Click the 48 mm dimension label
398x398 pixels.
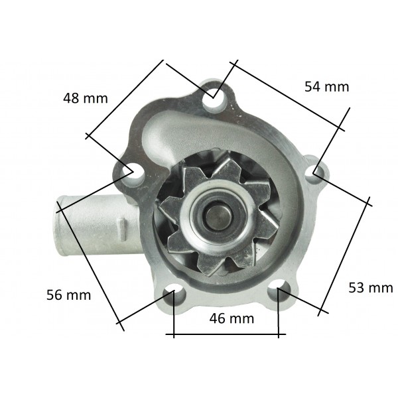(86, 98)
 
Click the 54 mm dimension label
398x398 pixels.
(327, 86)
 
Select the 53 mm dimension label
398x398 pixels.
(371, 288)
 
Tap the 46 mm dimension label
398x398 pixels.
(232, 318)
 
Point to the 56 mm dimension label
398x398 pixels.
(69, 295)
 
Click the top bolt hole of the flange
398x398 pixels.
(214, 98)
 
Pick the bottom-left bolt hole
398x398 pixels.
(174, 295)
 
